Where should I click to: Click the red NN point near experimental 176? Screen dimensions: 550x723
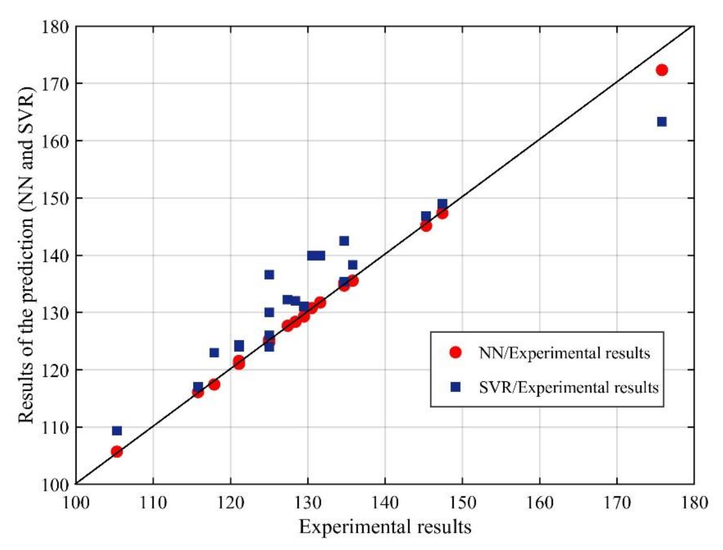[662, 70]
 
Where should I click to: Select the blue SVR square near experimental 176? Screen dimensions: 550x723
[662, 122]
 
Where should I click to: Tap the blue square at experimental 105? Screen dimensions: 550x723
[117, 430]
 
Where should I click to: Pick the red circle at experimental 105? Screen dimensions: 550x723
[117, 452]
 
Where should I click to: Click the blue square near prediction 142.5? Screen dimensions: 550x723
[344, 241]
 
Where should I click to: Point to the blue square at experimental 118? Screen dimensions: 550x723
[214, 353]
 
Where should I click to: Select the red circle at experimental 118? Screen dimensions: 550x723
[214, 384]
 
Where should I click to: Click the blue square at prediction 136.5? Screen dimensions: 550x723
[269, 275]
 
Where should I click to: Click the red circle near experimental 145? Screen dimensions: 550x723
[426, 226]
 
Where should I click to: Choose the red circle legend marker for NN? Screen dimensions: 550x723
[456, 352]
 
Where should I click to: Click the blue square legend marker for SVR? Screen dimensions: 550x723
[456, 388]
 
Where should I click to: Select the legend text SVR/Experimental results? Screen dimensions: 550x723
[569, 388]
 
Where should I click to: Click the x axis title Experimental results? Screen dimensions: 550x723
[385, 527]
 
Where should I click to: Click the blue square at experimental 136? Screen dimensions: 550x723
[352, 265]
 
